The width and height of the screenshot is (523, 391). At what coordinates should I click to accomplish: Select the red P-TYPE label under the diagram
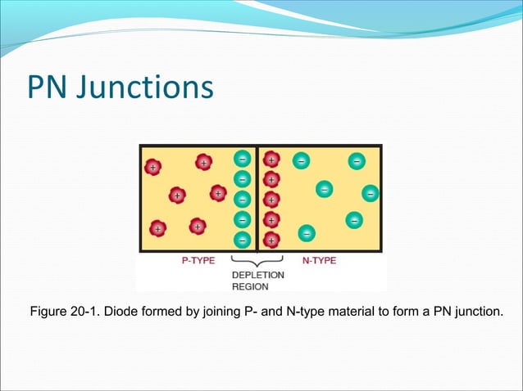coord(198,261)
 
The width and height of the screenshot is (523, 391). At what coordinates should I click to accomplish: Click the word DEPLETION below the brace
coord(257,276)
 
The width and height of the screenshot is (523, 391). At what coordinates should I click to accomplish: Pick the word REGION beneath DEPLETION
coord(250,287)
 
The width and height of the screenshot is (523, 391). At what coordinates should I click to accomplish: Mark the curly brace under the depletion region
coord(257,262)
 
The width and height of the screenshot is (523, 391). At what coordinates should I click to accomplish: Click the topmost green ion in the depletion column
coord(243,160)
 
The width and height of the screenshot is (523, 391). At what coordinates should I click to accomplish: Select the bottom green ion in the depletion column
coord(243,240)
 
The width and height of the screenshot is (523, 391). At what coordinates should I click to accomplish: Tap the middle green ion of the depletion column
coord(243,199)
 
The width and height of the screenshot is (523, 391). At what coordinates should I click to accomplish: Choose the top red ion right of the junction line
coord(271,160)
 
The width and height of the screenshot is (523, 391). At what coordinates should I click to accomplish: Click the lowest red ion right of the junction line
coord(271,240)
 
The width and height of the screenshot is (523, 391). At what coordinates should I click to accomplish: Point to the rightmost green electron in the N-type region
coord(371,194)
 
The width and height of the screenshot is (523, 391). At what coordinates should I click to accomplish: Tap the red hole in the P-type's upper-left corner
coord(152,167)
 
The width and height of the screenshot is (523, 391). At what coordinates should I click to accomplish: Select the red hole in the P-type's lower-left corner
coord(157,228)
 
